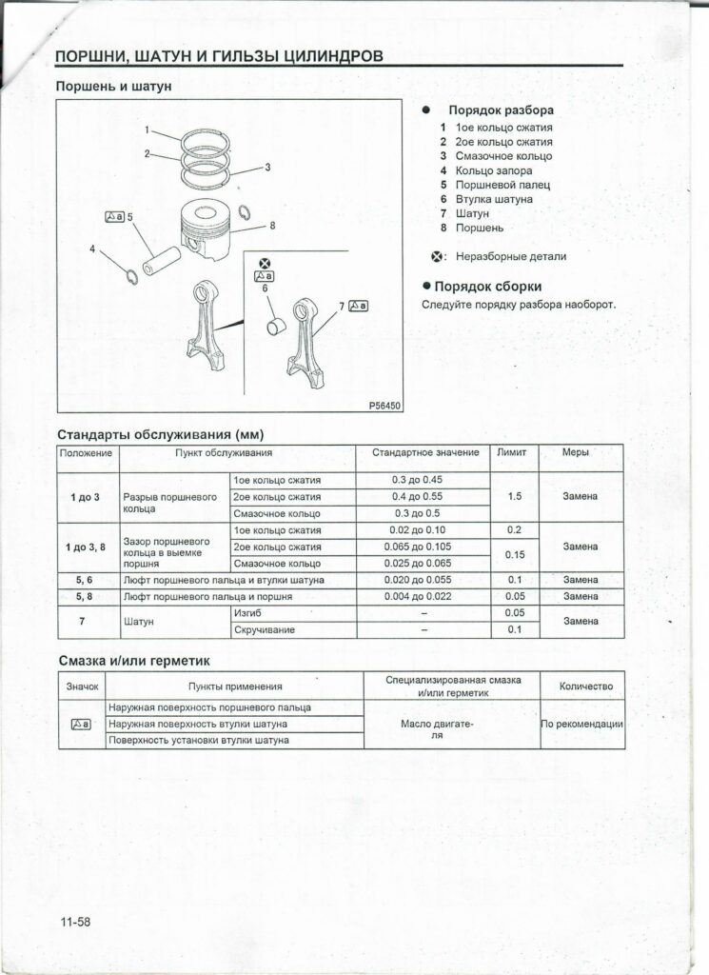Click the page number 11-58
click(x=73, y=922)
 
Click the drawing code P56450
click(x=385, y=406)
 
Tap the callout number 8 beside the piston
click(x=272, y=226)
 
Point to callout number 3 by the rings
click(x=267, y=168)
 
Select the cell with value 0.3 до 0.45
click(x=418, y=479)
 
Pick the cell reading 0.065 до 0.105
click(x=418, y=547)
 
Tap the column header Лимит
click(x=512, y=452)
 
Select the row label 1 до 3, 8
click(x=90, y=547)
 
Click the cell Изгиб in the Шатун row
click(x=247, y=613)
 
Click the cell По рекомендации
click(x=581, y=724)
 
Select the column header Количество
click(x=581, y=686)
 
